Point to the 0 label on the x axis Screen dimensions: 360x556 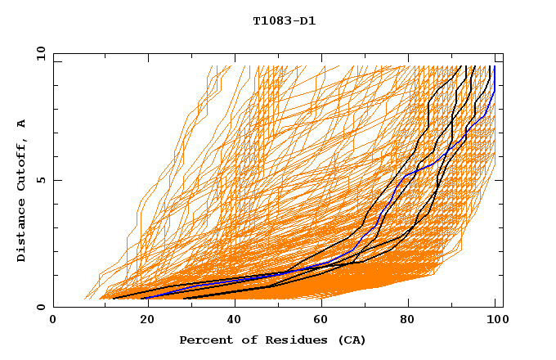53,321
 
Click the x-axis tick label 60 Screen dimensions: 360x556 320,321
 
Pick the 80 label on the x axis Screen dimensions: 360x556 408,321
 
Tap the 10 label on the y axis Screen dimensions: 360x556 38,53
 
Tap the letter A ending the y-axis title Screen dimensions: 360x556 22,124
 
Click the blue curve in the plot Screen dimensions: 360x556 396,189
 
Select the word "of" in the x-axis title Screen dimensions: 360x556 243,340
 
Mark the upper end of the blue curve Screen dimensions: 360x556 494,67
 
